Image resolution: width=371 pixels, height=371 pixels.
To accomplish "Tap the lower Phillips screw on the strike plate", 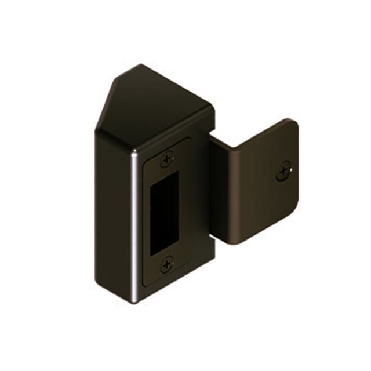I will (x=167, y=264).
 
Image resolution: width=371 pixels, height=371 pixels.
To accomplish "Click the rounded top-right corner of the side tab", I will (x=294, y=123).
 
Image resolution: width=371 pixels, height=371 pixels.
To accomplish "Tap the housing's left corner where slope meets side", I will (x=95, y=134).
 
